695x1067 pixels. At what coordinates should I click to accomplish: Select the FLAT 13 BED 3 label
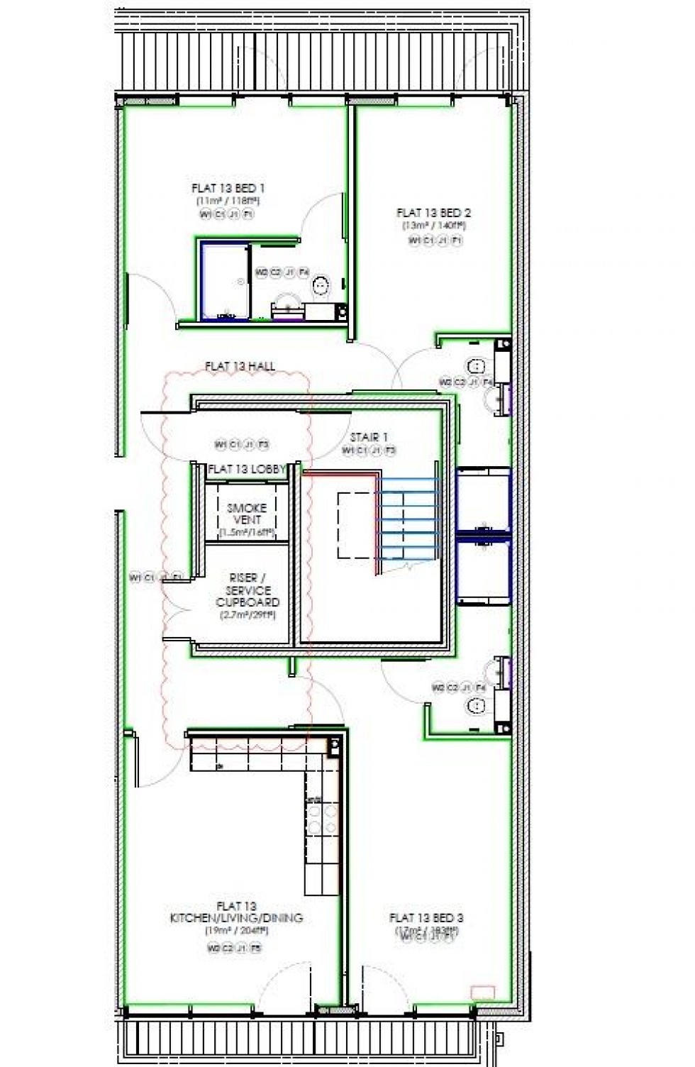click(426, 918)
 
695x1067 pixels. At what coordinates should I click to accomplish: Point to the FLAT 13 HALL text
click(240, 367)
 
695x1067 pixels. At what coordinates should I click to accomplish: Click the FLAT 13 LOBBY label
click(246, 469)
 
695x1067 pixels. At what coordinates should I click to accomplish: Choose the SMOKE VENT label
click(247, 514)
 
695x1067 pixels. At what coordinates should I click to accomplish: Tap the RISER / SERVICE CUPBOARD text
click(248, 590)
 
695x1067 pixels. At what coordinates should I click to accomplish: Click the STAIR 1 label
click(369, 437)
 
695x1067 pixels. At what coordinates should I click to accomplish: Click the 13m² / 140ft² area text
click(433, 226)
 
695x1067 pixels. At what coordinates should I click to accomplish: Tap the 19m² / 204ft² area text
click(236, 930)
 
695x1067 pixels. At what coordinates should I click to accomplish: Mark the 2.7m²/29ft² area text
click(248, 614)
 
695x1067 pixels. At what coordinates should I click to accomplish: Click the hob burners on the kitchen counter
click(316, 819)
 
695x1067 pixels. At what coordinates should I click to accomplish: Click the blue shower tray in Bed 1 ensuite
click(224, 281)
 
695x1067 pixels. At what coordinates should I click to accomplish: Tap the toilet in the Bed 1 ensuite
click(321, 285)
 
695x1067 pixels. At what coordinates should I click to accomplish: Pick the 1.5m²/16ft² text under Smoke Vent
click(247, 532)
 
